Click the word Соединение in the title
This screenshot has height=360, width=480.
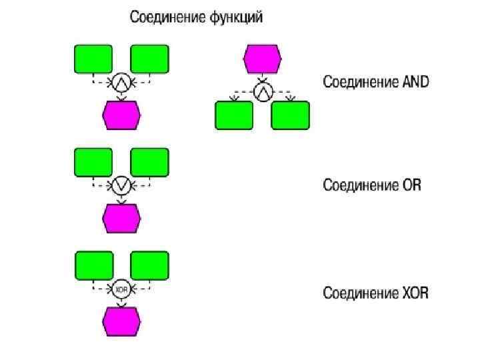(166, 17)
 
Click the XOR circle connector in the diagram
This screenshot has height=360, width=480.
(121, 290)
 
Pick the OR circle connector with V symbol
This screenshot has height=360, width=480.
(121, 185)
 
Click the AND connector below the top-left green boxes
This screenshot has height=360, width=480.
(121, 82)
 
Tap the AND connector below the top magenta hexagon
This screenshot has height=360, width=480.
(263, 89)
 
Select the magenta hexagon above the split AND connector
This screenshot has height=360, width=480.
(263, 59)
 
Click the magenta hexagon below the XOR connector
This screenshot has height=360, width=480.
(121, 321)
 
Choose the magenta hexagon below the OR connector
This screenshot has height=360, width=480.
(121, 217)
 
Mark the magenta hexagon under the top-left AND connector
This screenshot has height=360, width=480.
(121, 115)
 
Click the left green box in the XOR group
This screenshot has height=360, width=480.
(93, 265)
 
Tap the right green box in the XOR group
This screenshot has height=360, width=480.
(150, 265)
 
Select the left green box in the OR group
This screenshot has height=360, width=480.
(93, 162)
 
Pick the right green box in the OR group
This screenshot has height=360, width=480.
(150, 162)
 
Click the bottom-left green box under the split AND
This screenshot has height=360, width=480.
(234, 115)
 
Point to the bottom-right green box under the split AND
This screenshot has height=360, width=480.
(291, 115)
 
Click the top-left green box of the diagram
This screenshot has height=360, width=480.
(93, 59)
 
